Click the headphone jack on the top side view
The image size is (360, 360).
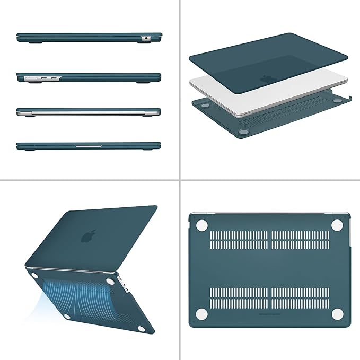(145, 39)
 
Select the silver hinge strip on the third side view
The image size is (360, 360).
(88, 113)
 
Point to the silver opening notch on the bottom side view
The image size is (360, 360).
(88, 145)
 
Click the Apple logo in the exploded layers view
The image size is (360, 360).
(266, 79)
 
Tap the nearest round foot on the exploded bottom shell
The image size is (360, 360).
(244, 131)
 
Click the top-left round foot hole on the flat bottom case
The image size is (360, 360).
(201, 225)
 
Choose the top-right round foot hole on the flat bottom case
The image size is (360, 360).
(337, 225)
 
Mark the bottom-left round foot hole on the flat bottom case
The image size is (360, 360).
(201, 314)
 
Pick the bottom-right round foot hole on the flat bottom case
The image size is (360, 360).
(337, 314)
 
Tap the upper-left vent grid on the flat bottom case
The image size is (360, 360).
(239, 240)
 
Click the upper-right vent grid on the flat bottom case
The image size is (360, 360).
(301, 240)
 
